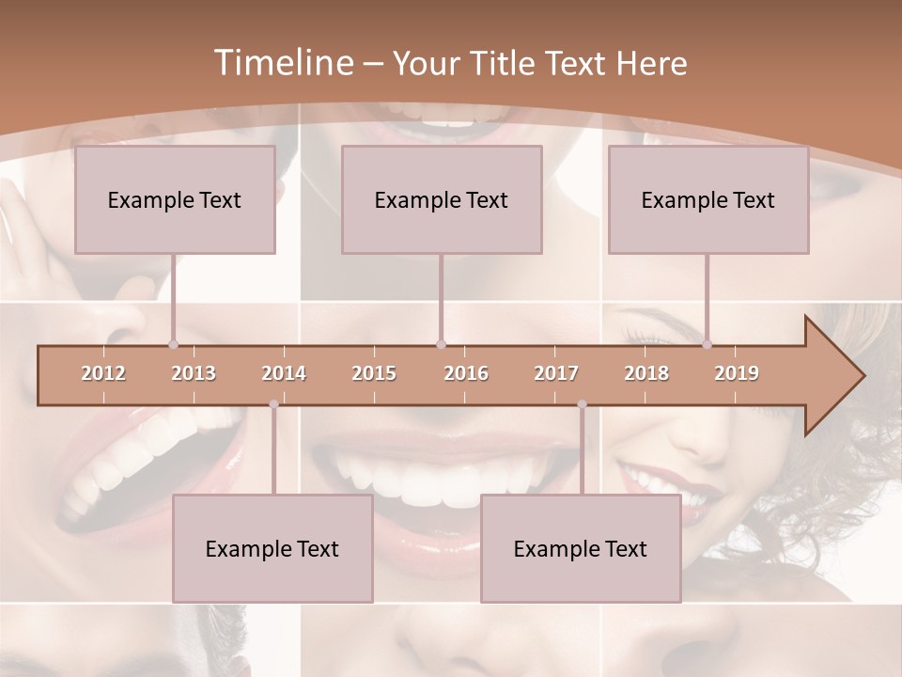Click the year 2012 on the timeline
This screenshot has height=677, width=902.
coord(103,373)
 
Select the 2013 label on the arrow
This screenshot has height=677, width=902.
coord(194,373)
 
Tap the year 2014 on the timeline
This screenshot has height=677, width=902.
coord(284,373)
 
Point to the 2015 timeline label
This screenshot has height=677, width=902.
coord(374,373)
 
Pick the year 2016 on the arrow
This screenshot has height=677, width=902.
coord(466,373)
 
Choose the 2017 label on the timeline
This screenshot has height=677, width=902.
coord(556,373)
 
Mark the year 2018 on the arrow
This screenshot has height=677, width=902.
coord(646,373)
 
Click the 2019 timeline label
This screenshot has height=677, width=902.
coord(737,373)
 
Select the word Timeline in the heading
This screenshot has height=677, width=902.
coord(283,63)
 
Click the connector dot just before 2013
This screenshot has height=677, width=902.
coord(173,344)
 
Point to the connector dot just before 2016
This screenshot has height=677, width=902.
coord(441,344)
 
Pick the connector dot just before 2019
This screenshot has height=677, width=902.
coord(707,344)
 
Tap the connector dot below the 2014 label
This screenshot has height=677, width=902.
coord(273,404)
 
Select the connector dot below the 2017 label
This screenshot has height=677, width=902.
coord(582,404)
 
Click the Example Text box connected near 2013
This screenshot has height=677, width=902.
coord(175,199)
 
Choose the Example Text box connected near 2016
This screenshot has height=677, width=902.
coord(442,199)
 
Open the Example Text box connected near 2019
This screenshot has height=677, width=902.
coord(708,199)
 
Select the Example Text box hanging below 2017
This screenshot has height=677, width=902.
coord(581,548)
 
